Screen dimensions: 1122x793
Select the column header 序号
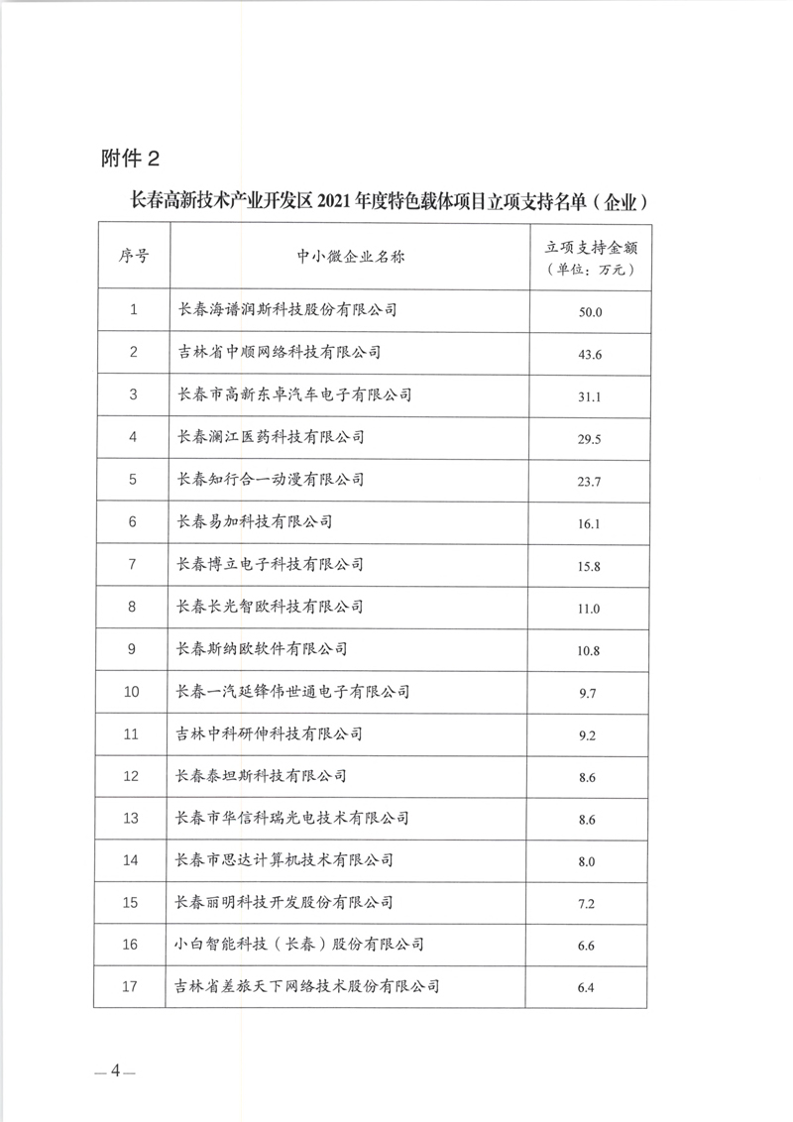[x=134, y=256]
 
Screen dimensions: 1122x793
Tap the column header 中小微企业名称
[x=352, y=256]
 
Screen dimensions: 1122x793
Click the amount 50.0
[x=590, y=311]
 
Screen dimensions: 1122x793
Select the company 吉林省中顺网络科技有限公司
[x=279, y=352]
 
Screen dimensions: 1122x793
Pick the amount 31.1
[x=590, y=395]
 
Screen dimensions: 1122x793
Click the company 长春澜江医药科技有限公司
[x=270, y=437]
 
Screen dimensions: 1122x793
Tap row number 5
[x=134, y=480]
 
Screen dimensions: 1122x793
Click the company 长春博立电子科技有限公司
[x=270, y=564]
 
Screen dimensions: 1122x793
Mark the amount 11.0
[x=590, y=608]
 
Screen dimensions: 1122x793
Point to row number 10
[x=134, y=692]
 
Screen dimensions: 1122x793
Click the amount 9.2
[x=590, y=735]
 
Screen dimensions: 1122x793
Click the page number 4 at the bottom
[x=115, y=1069]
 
